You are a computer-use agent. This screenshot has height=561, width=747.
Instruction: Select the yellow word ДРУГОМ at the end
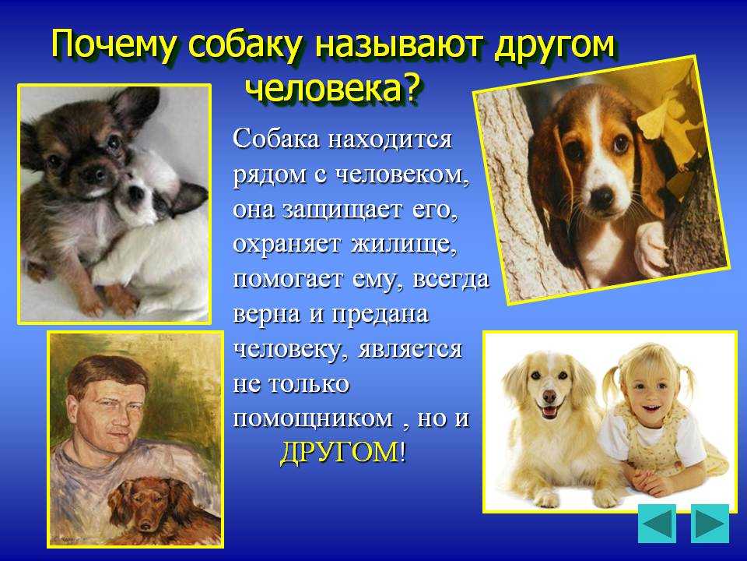pos(339,452)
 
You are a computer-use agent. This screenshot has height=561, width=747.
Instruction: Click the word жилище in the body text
pos(402,245)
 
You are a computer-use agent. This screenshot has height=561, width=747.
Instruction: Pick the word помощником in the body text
pos(313,419)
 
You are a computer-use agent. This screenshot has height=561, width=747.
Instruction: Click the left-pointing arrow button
pos(658,524)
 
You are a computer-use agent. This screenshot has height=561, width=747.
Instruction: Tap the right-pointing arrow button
pos(710,524)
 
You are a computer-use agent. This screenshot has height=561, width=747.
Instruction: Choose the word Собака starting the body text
pos(277,139)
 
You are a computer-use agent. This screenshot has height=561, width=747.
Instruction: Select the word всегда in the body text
pos(451,279)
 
